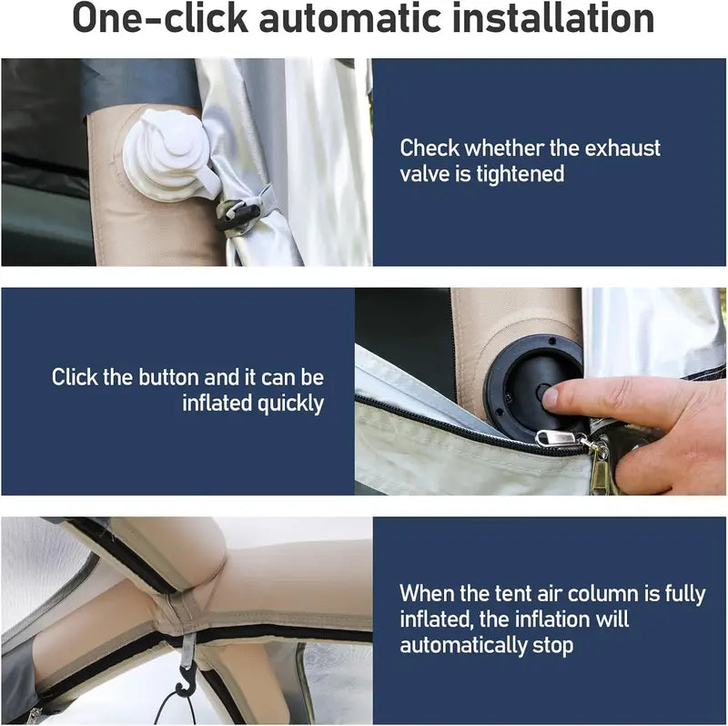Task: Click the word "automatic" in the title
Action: point(349,18)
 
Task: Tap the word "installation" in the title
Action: point(552,17)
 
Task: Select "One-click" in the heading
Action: point(160,17)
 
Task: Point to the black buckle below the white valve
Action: point(238,214)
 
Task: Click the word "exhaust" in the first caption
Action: point(622,148)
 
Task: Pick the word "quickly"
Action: point(290,404)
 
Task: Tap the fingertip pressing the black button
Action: point(551,397)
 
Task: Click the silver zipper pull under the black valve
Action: point(557,438)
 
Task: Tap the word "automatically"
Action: point(464,646)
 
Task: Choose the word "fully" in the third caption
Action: point(685,595)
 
